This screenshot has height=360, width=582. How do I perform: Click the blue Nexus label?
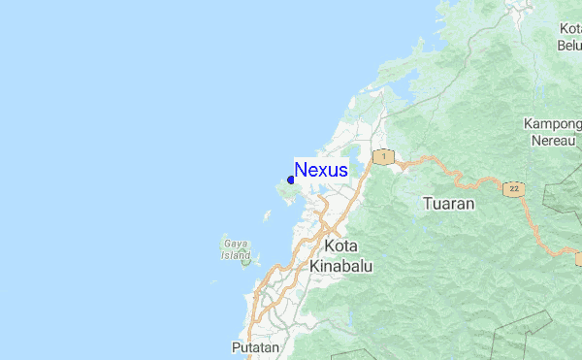(321, 170)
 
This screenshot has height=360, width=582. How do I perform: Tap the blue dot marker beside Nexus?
(291, 180)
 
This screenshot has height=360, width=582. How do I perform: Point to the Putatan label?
(255, 346)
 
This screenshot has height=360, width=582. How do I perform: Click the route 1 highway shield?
(384, 156)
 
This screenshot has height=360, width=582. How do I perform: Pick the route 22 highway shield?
(513, 188)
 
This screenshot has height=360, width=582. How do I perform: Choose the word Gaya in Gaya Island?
(234, 243)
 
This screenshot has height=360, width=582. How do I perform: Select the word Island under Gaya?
(236, 255)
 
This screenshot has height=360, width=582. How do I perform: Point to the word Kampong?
(551, 124)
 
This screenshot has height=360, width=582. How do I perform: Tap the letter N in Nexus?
(301, 170)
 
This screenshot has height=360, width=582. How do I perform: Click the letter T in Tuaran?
(429, 204)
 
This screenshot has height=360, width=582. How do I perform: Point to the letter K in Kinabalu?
(314, 265)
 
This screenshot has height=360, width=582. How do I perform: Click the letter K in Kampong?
(528, 124)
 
